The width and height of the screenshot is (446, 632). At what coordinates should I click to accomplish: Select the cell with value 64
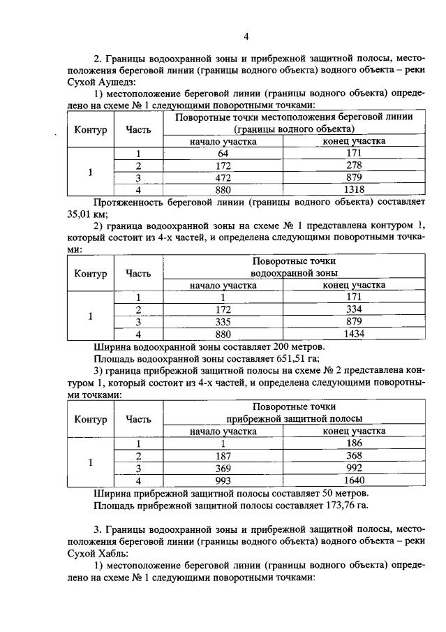point(223,153)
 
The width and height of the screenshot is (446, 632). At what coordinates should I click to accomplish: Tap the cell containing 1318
point(355,189)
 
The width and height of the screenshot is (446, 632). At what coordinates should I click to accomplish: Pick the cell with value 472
point(223,177)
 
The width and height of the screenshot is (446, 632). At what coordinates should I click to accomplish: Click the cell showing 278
point(355,166)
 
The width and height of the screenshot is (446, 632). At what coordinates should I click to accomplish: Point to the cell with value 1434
point(355,334)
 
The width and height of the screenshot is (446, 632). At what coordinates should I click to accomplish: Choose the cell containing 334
point(355,309)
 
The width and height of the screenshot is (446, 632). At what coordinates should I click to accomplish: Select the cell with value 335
point(223,322)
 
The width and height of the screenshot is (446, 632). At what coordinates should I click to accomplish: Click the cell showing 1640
point(355,480)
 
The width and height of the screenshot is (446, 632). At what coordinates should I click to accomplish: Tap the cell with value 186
point(355,443)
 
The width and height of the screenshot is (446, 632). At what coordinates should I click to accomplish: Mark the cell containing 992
point(355,468)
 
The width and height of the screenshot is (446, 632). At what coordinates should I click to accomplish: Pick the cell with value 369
point(223,468)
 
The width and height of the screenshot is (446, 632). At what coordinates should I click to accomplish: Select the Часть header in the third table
point(137,419)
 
